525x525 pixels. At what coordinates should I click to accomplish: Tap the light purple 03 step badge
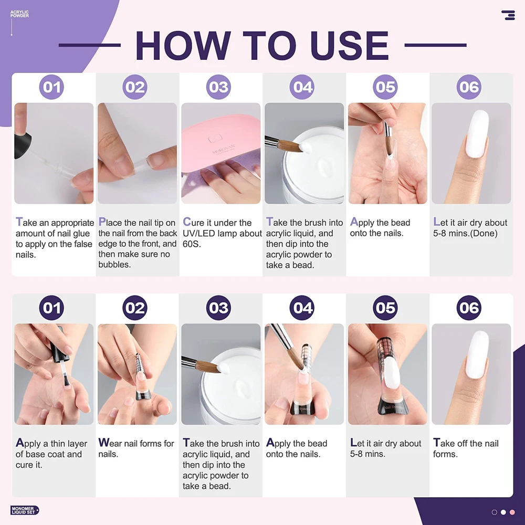coord(218,87)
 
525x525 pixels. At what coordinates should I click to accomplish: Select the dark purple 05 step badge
coord(385,308)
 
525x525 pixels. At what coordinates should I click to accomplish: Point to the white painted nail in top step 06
coord(478,134)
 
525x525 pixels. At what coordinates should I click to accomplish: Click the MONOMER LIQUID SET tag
coord(25,510)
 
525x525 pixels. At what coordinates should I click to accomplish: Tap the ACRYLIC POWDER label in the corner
coord(19,14)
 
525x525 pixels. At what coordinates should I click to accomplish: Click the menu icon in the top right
coord(508,15)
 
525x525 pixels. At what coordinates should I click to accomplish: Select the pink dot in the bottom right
coord(512,512)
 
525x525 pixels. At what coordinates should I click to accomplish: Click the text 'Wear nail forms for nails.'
coord(136,448)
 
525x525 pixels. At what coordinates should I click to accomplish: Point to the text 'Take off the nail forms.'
coord(466,448)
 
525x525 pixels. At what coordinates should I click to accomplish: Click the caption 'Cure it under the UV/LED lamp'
coord(222,228)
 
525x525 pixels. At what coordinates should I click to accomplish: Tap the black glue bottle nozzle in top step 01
coord(23,145)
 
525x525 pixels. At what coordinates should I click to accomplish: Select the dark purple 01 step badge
coord(51,308)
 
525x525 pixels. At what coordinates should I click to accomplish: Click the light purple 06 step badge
coord(469,87)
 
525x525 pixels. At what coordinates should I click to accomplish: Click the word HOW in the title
coord(183,45)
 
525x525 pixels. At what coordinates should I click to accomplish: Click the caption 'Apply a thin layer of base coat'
coord(51,449)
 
